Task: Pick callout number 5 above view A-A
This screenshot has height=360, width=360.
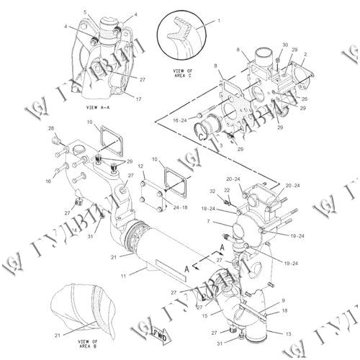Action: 85,12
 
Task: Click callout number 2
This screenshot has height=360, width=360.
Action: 307,53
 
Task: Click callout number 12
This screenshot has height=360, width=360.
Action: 141,167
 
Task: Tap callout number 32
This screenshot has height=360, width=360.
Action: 212,191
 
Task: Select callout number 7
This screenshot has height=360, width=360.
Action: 209,222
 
